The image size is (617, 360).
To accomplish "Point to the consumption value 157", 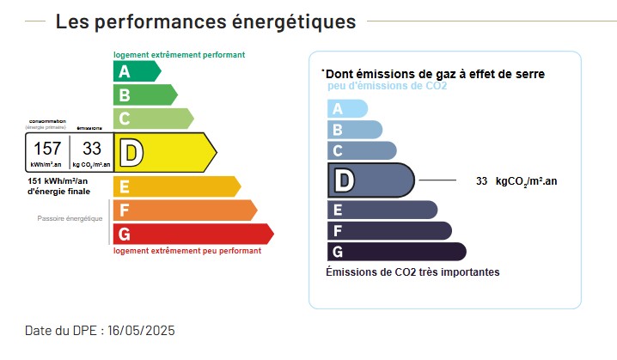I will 47,148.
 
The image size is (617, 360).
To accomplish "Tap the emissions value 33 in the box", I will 91,148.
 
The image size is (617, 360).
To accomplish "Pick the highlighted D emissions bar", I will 370,180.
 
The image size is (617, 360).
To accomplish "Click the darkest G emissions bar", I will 396,252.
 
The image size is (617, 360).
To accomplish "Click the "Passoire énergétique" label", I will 70,218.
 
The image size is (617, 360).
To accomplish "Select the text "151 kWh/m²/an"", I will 64,181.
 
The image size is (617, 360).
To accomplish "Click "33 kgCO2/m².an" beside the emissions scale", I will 516,181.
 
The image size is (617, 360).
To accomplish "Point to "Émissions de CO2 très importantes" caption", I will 412,272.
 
